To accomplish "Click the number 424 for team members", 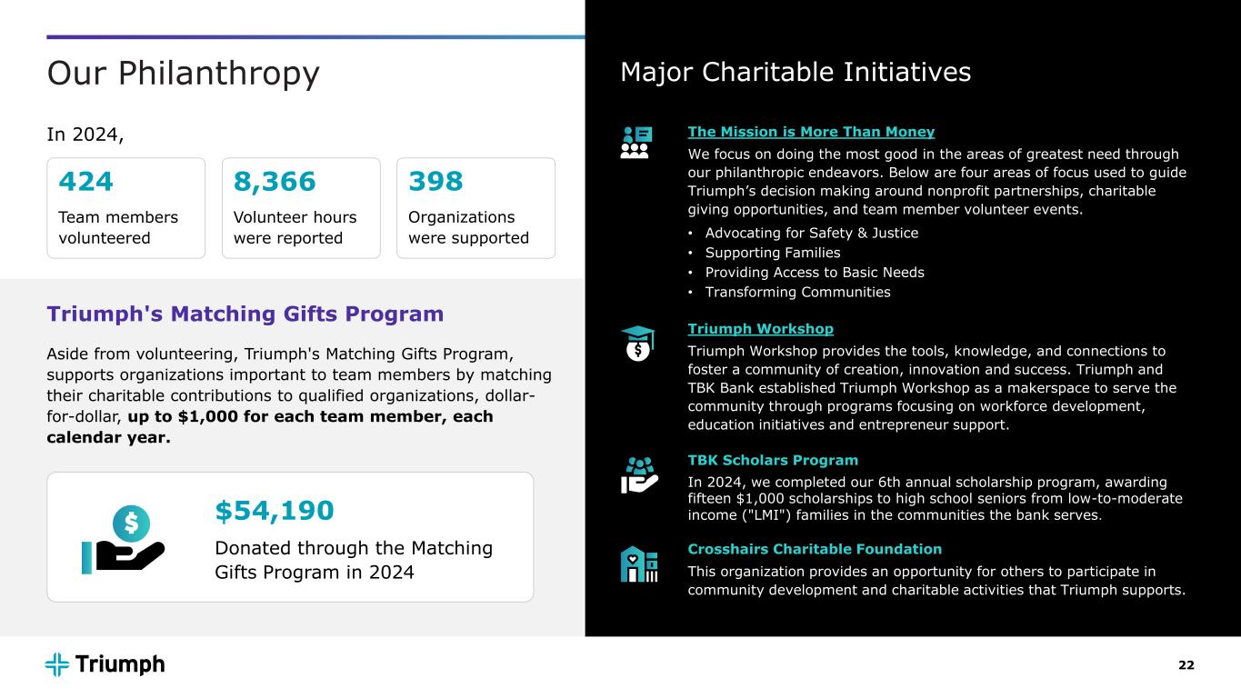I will point(86,183).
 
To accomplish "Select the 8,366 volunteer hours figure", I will point(275,183).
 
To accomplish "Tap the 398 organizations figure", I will point(435,183).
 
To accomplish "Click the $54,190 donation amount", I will point(275,511).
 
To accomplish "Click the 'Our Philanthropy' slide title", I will point(183,74).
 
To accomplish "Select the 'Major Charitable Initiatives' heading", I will point(795,72).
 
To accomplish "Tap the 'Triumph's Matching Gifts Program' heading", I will point(245,314).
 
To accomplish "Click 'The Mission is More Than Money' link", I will point(811,132).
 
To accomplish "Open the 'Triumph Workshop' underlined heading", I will point(760,328).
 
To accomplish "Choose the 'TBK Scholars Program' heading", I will point(773,460).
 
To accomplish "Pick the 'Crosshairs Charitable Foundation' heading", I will point(815,549).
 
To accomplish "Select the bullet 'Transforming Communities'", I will point(797,292).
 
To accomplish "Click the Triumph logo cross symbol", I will point(57,664).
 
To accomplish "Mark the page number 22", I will point(1186,665).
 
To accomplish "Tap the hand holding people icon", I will point(638,474).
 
